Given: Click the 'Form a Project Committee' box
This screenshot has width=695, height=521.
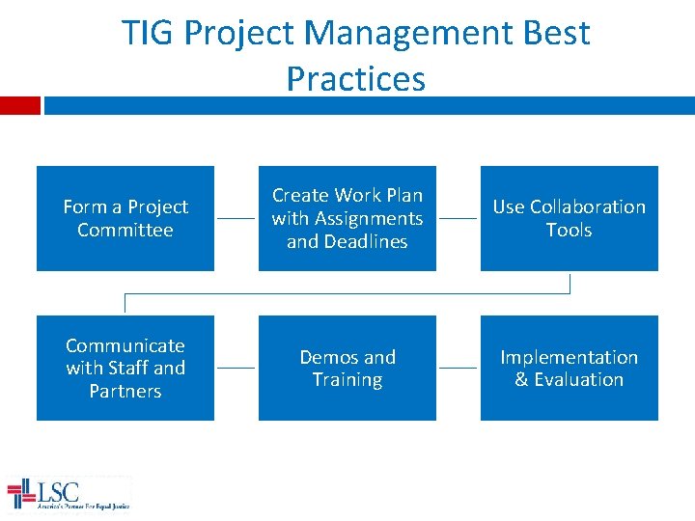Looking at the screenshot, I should [x=125, y=218].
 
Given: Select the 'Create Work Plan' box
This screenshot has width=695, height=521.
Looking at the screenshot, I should [x=347, y=218].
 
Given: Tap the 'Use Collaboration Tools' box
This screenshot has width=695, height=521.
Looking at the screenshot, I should [x=569, y=218].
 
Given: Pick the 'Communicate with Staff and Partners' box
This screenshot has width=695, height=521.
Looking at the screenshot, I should [x=125, y=368].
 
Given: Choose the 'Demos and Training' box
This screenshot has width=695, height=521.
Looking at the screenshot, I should [x=347, y=368].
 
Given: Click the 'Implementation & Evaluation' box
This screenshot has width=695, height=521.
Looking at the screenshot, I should [x=569, y=368].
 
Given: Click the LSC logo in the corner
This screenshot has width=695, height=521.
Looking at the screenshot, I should [x=68, y=493].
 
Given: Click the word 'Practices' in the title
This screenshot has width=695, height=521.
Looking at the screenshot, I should [x=355, y=79].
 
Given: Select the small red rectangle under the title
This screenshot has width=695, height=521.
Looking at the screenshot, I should [x=19, y=105].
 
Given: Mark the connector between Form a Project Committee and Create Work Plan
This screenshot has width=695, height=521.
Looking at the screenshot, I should [x=236, y=219].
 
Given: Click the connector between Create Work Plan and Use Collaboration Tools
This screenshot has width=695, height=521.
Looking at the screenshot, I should [x=458, y=219].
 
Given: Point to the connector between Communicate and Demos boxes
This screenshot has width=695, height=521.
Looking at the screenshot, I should [x=236, y=368].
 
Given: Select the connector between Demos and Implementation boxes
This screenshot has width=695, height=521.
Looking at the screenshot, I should [x=458, y=368].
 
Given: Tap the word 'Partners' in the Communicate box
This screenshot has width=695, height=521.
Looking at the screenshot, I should [x=125, y=391].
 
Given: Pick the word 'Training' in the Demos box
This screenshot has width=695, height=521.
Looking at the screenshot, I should [x=347, y=380].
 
